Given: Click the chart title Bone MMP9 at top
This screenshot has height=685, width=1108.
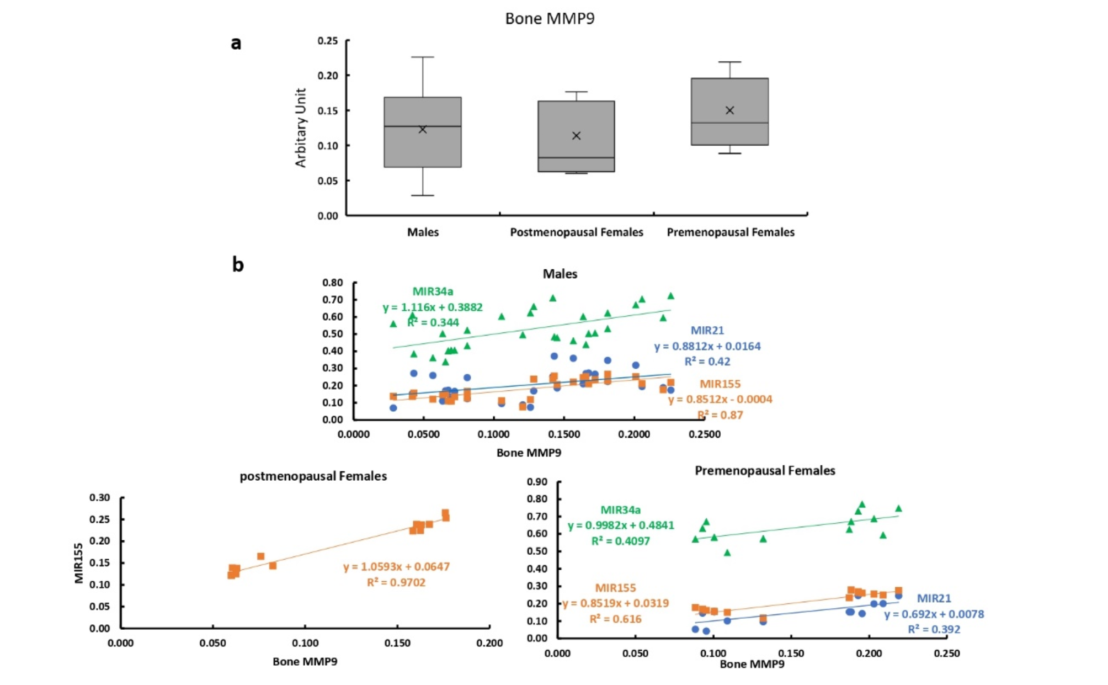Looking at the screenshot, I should tap(550, 19).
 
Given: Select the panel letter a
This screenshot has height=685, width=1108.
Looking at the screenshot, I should tap(236, 43).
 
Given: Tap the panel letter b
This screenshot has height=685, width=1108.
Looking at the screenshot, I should tap(238, 265).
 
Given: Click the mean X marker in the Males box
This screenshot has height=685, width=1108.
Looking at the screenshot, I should tap(423, 130).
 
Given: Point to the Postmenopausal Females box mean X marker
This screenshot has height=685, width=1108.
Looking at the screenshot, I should tap(576, 136).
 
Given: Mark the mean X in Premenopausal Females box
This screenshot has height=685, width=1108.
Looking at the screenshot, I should tap(729, 110).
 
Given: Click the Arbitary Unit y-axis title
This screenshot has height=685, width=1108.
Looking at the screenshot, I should tap(301, 128).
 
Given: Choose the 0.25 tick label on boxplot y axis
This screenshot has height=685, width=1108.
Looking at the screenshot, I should tap(328, 41).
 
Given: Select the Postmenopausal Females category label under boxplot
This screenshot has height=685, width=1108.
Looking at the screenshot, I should tap(576, 232).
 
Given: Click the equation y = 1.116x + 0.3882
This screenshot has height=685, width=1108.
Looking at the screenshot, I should tap(433, 307).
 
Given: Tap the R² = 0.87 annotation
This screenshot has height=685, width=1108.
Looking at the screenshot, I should tap(720, 415).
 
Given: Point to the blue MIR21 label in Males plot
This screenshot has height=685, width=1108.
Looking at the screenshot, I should tap(707, 331).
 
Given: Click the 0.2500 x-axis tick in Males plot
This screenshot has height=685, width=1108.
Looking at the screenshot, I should tap(704, 434).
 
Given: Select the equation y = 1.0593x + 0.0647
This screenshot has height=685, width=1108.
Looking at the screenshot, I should tap(396, 567).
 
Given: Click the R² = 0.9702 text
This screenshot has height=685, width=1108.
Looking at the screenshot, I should tap(396, 582).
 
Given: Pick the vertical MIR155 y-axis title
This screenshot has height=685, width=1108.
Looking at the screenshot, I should tap(79, 563).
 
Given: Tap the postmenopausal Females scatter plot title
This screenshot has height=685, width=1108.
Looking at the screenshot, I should tap(313, 476).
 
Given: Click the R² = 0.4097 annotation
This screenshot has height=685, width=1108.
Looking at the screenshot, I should tap(620, 541).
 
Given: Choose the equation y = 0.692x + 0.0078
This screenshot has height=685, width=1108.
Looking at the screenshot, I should tap(934, 614).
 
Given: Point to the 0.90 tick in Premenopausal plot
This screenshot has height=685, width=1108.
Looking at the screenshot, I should tap(537, 482).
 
